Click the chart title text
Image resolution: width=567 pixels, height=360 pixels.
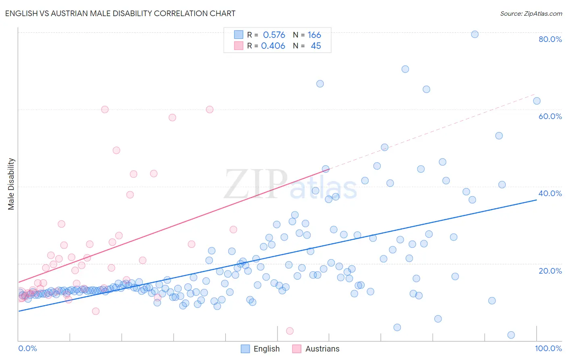point(120,13)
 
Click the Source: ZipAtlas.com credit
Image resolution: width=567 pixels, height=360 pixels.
point(531,14)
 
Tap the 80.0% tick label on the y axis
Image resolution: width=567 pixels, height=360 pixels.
point(550,39)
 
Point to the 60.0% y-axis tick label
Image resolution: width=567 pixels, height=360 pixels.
point(550,116)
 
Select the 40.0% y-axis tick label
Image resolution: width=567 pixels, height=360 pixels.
point(550,193)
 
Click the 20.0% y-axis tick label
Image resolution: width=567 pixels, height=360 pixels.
point(550,271)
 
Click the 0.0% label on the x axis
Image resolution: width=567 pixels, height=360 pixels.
point(27,348)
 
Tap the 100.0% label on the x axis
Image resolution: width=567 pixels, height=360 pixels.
point(548,348)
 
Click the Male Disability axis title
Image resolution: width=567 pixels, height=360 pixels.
point(11,184)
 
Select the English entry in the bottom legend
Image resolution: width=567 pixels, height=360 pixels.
point(266,349)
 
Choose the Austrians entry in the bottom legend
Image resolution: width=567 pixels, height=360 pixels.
point(322,349)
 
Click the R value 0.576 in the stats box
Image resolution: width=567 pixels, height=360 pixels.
point(274,35)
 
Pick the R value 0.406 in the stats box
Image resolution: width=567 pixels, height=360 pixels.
point(273,46)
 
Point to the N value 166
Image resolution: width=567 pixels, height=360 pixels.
point(314,35)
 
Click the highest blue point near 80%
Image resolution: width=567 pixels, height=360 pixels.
point(475,34)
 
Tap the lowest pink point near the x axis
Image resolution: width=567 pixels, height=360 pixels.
point(290,331)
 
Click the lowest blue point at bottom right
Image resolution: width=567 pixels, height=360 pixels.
point(511,335)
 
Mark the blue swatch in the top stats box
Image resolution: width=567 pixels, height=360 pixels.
point(239,35)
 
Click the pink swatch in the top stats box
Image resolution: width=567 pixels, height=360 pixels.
point(239,46)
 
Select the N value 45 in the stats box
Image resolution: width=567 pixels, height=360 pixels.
point(316,46)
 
